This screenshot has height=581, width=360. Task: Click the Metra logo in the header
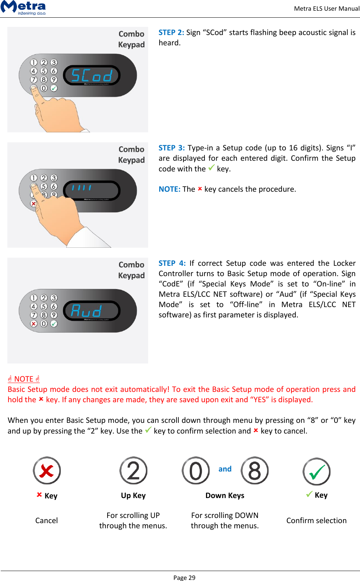click(23, 7)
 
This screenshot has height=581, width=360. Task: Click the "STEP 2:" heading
click(171, 32)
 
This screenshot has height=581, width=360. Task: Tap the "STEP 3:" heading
click(171, 148)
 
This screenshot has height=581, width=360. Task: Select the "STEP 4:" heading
click(172, 263)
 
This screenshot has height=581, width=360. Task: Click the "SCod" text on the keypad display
click(92, 76)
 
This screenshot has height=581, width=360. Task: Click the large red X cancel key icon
click(47, 471)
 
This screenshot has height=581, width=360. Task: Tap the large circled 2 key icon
click(133, 471)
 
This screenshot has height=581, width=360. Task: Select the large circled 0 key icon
click(196, 471)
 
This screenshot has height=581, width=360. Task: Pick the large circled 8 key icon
click(255, 471)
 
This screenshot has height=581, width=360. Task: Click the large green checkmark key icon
click(317, 472)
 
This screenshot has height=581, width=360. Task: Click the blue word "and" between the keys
click(225, 469)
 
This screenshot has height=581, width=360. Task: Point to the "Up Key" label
click(133, 495)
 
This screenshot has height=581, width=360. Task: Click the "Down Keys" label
click(225, 495)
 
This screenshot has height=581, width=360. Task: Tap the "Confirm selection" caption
click(317, 521)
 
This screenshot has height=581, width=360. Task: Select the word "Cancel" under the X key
click(46, 521)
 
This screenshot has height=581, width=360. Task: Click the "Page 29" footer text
click(184, 578)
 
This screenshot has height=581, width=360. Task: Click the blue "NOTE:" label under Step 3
click(169, 189)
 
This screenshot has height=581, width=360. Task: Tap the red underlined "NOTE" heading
click(24, 379)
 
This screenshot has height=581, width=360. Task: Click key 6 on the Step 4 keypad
click(54, 306)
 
